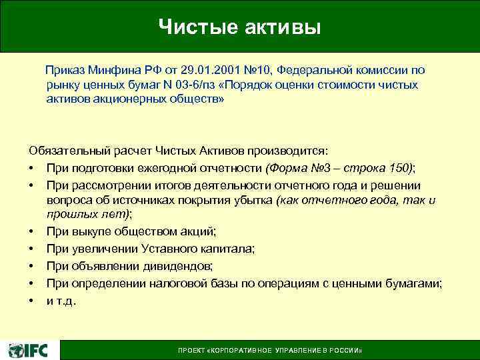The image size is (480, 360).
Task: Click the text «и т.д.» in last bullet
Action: pos(61,301)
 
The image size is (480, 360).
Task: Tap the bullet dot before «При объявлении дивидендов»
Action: pos(31,266)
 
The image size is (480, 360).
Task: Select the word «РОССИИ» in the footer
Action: pos(347,351)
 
